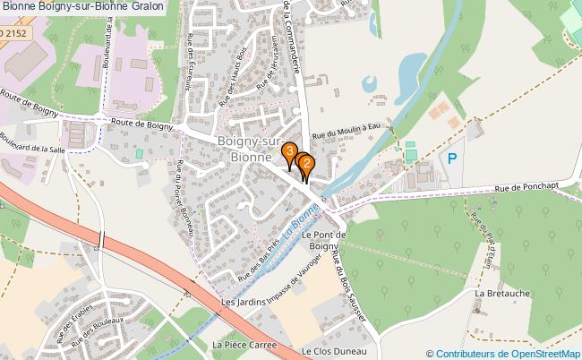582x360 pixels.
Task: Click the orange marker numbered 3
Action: pos(289,152)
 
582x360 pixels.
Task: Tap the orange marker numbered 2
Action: pos(307,164)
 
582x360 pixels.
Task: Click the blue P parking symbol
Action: pos(452,159)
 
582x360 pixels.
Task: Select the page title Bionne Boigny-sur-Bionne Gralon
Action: pos(83,7)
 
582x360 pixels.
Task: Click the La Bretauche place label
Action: pos(502,293)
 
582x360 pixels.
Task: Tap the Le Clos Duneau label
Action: pos(330,352)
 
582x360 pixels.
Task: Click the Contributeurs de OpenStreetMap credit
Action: pos(503,353)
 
